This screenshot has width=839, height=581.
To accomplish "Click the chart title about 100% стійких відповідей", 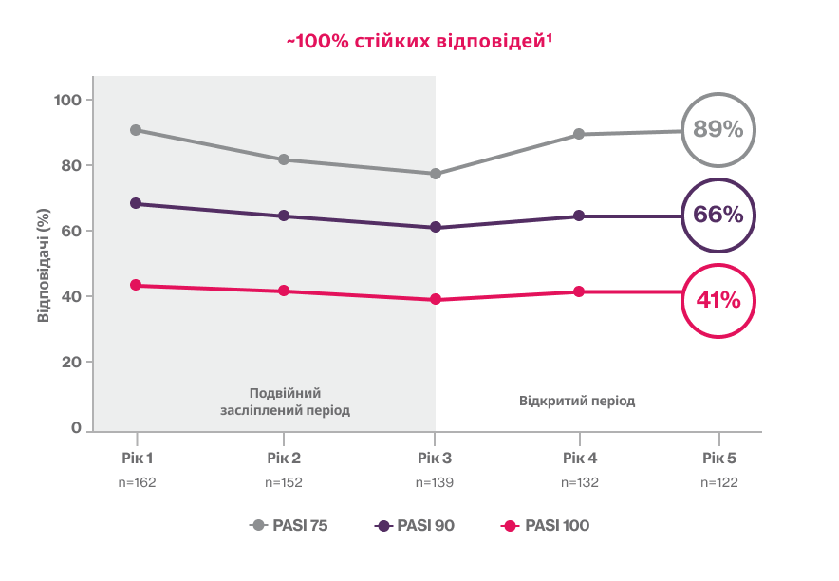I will coord(419,42).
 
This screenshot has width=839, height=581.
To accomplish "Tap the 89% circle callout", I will coord(718,130).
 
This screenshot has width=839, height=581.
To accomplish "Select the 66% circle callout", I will coord(718,216).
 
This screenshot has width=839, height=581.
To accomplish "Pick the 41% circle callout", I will coord(718,301).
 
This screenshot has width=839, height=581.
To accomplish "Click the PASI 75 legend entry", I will coord(289,525).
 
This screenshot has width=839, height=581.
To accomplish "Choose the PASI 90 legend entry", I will coord(415,525).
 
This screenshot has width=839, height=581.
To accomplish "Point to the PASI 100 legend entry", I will coord(545,525).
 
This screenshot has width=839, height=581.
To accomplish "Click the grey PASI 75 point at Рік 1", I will coord(136,130).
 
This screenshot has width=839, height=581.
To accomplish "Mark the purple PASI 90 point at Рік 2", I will coord(284,216).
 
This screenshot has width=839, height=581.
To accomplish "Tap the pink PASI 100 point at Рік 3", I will coord(436,299).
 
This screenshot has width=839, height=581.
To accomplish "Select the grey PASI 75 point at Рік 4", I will coord(580,135).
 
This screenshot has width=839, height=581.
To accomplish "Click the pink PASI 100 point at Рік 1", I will coord(136,285).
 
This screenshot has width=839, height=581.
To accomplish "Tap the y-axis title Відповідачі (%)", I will coord(43,265).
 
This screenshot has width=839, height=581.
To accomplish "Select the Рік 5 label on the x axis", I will coord(718,458).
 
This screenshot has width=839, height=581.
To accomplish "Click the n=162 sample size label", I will coord(136,482).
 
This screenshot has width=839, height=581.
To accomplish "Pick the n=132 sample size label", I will coord(580,482).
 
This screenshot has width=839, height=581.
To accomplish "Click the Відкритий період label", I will coord(577,400).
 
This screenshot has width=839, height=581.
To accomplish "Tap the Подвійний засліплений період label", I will coord(286,402).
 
